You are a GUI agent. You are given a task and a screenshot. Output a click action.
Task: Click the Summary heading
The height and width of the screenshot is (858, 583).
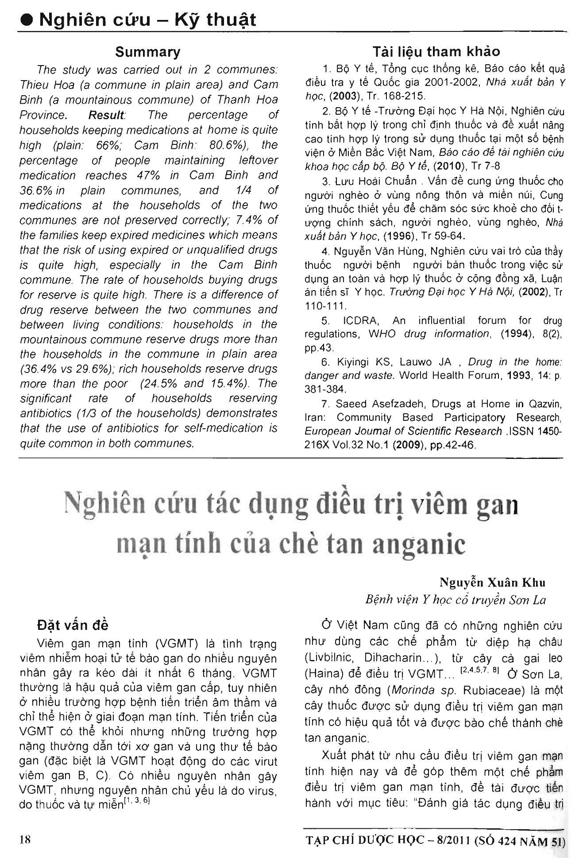(147, 52)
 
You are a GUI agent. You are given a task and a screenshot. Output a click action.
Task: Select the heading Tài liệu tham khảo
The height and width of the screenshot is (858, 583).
(436, 52)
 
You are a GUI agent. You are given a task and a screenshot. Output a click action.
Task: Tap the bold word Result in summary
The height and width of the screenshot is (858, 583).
(106, 115)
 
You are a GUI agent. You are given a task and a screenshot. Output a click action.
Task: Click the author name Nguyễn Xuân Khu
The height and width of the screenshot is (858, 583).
(492, 582)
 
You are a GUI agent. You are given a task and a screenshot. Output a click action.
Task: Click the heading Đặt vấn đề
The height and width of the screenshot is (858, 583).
(73, 625)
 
